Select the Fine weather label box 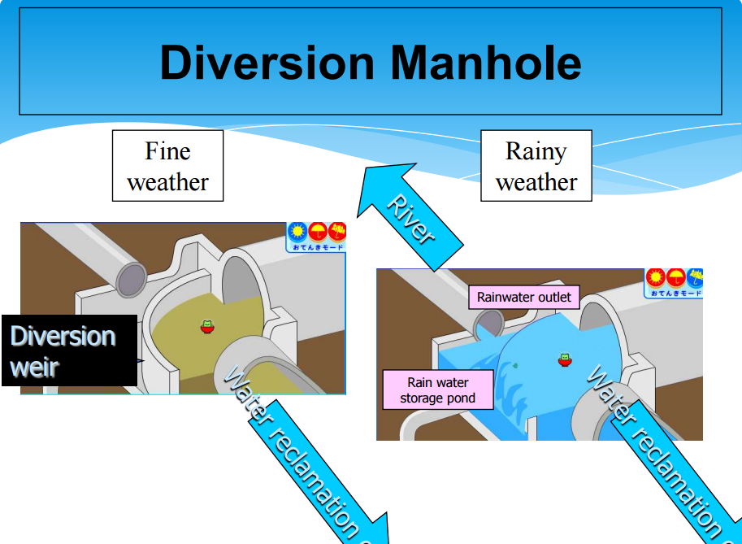point(167,166)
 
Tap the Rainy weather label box point(536,166)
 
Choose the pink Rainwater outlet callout point(524,297)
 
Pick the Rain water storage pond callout point(437,390)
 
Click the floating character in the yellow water point(207,326)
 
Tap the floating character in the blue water point(564,359)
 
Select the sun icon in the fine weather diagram point(297,232)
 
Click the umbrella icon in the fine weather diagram point(318,232)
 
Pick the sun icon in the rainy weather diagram point(655,278)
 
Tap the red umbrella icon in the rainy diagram point(675,278)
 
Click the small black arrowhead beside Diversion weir point(141,359)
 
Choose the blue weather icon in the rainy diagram point(695,278)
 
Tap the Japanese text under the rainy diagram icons point(675,292)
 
